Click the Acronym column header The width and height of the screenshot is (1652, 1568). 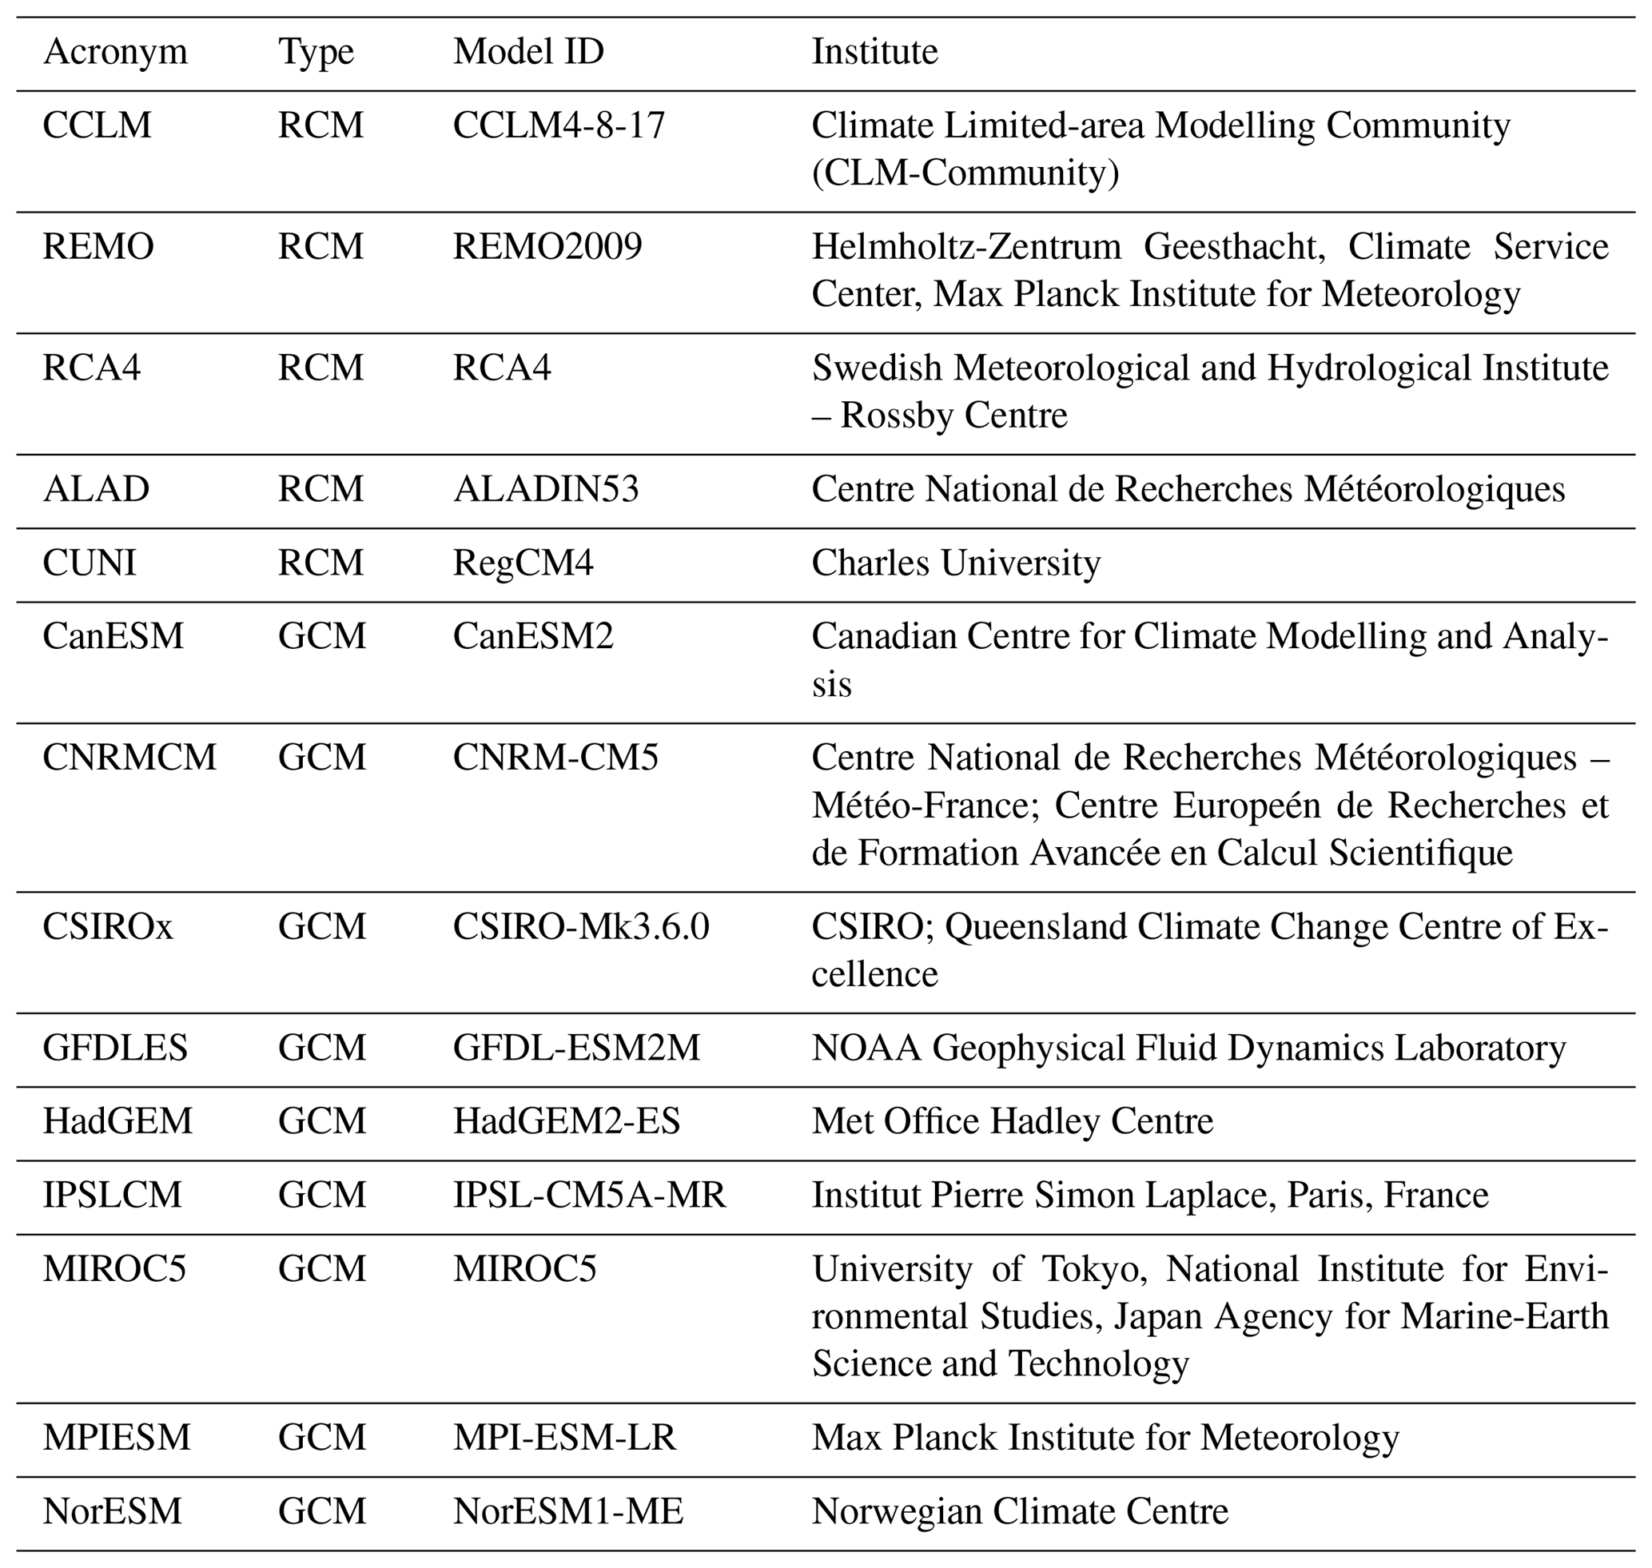(115, 52)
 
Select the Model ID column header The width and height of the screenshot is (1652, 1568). (528, 52)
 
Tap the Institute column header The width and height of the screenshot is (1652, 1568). (874, 52)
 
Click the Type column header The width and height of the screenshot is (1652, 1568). (316, 52)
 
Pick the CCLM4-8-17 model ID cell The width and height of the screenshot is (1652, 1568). (559, 125)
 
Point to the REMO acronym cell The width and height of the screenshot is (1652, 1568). (98, 247)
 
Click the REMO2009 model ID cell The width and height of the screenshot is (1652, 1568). (547, 247)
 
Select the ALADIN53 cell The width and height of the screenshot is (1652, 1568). (546, 489)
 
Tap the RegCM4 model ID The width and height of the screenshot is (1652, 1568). (523, 563)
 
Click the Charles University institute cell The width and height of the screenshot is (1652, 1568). (956, 563)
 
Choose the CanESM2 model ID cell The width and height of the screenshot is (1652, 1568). (533, 636)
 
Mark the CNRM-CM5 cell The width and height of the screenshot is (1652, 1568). (556, 758)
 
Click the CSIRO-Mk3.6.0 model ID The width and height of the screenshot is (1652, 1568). (581, 926)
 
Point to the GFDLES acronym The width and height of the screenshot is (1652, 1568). (115, 1048)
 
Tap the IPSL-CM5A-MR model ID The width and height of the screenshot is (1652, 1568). (589, 1196)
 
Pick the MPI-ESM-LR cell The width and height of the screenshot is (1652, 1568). (564, 1438)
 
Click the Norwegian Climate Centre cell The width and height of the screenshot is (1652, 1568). (1020, 1511)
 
